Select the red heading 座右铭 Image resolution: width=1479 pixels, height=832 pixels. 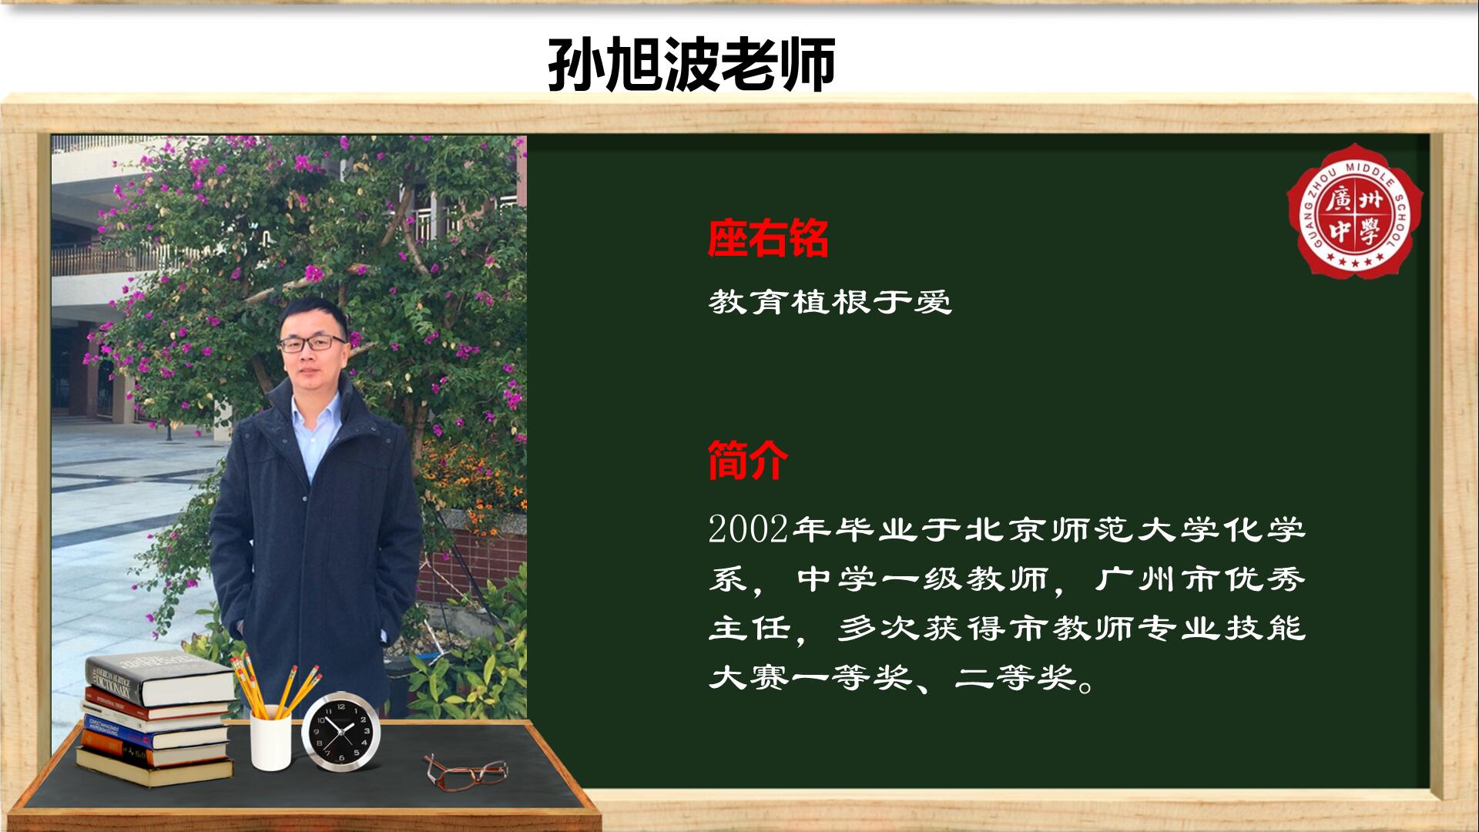[768, 238]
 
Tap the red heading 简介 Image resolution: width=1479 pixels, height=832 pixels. [747, 460]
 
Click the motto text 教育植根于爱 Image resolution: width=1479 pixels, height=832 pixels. [830, 301]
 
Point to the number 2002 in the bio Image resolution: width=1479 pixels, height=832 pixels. [748, 530]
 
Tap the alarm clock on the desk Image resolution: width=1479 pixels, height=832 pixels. [341, 731]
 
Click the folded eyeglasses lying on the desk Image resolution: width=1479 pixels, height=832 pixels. [465, 771]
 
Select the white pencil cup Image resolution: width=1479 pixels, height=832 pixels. [270, 742]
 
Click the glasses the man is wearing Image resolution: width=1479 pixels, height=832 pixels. [312, 344]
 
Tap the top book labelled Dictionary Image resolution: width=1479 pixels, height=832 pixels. [159, 680]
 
